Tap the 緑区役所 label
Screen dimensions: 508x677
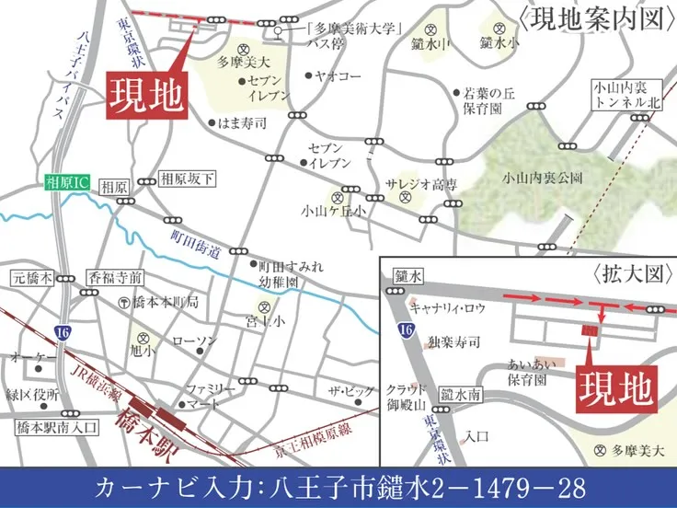33,396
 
